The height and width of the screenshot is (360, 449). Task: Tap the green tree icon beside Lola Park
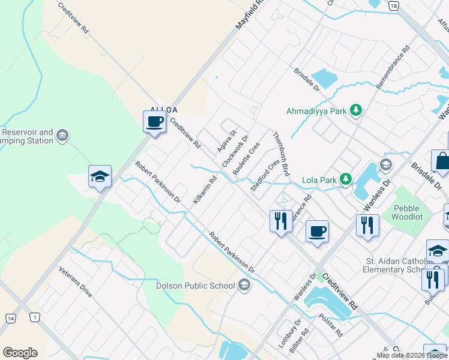pyautogui.click(x=346, y=179)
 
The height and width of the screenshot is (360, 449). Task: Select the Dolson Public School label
pyautogui.click(x=195, y=286)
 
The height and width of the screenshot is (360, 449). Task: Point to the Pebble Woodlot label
pyautogui.click(x=408, y=212)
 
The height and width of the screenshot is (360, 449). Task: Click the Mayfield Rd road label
pyautogui.click(x=249, y=16)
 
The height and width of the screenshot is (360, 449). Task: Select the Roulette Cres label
pyautogui.click(x=246, y=158)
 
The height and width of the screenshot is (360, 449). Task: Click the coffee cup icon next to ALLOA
pyautogui.click(x=154, y=121)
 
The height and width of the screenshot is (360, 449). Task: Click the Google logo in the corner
pyautogui.click(x=20, y=353)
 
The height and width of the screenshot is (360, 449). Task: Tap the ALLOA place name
pyautogui.click(x=164, y=110)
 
